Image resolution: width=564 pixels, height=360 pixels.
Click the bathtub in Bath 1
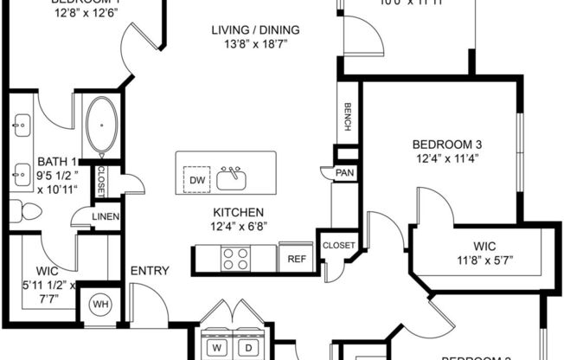pyautogui.click(x=101, y=125)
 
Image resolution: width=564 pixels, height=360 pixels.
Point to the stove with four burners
pyautogui.click(x=236, y=258)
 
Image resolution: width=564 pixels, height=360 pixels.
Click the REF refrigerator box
pyautogui.click(x=296, y=258)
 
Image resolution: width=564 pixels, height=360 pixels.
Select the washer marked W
pyautogui.click(x=215, y=347)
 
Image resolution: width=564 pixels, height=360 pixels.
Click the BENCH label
pyautogui.click(x=348, y=118)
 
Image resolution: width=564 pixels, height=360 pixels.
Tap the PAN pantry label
pyautogui.click(x=343, y=173)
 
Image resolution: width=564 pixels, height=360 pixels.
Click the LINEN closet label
pyautogui.click(x=105, y=216)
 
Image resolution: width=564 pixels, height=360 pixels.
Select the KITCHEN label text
pyautogui.click(x=239, y=213)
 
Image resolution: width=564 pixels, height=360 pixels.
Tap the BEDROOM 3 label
pyautogui.click(x=446, y=144)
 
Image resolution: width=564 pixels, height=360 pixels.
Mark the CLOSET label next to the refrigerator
pyautogui.click(x=339, y=246)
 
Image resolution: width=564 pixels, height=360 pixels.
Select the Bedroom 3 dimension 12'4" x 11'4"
pyautogui.click(x=446, y=157)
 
